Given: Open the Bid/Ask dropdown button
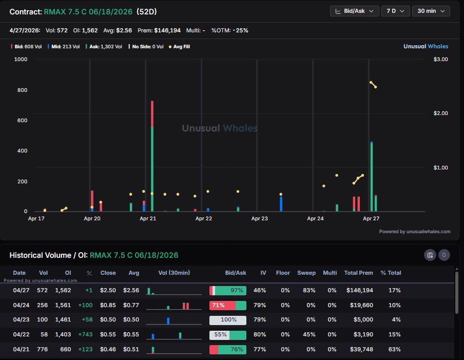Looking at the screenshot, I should [x=355, y=11].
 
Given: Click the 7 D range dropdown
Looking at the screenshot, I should [x=395, y=11].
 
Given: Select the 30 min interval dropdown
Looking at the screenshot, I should [x=431, y=11].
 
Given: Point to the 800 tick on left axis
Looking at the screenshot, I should [x=21, y=90].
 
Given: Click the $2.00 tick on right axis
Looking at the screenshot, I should [x=441, y=113].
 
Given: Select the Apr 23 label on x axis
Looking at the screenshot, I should [x=259, y=218].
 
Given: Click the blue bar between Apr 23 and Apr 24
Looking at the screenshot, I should [x=281, y=204].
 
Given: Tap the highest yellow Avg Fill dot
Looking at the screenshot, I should [x=371, y=83].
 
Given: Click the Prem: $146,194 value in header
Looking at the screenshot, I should [x=167, y=30].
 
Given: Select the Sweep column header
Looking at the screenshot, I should [x=306, y=273].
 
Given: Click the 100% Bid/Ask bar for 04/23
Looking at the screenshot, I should [x=227, y=320].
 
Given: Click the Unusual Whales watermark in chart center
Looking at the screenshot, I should [x=220, y=128].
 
